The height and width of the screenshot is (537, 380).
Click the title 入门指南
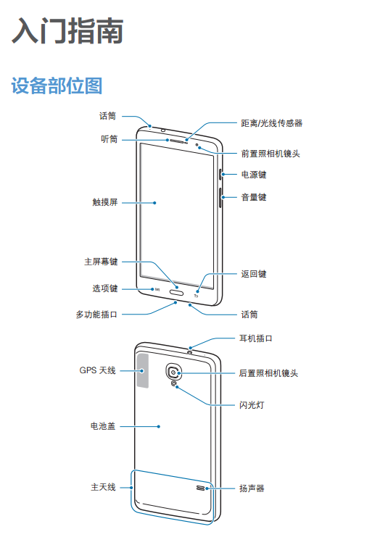[x=67, y=31]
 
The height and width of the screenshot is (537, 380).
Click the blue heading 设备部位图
[x=57, y=86]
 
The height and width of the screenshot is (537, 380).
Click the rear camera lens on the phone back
[x=174, y=372]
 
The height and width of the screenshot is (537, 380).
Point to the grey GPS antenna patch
[x=143, y=371]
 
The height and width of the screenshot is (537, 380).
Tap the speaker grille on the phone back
[x=201, y=488]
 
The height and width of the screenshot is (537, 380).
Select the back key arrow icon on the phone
[x=197, y=296]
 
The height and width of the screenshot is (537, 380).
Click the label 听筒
[x=110, y=139]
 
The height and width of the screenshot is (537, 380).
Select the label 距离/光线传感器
[x=272, y=123]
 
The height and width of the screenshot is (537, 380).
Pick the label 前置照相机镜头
[x=270, y=154]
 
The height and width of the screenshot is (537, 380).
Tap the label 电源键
[x=254, y=175]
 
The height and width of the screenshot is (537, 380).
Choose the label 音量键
[x=254, y=197]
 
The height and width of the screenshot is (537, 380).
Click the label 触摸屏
[x=105, y=202]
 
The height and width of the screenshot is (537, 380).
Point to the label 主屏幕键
[x=101, y=262]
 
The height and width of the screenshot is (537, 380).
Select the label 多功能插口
[x=97, y=315]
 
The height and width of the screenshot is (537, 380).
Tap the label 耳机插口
[x=256, y=338]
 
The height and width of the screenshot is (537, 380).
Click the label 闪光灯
[x=252, y=405]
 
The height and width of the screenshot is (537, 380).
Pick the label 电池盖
[x=103, y=426]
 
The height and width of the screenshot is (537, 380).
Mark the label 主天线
[x=103, y=487]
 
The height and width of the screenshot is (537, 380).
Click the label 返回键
[x=254, y=274]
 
